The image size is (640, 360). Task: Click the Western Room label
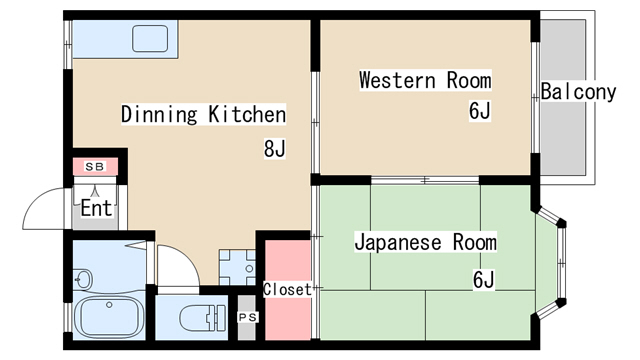pyautogui.click(x=425, y=80)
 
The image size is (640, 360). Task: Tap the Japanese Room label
pyautogui.click(x=425, y=243)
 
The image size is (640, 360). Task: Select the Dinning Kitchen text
pyautogui.click(x=203, y=114)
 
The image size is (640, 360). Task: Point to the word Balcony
pyautogui.click(x=579, y=93)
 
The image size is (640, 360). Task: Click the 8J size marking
pyautogui.click(x=274, y=150)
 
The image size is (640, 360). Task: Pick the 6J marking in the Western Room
pyautogui.click(x=479, y=111)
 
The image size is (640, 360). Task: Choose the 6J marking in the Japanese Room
pyautogui.click(x=484, y=279)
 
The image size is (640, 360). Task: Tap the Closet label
pyautogui.click(x=287, y=290)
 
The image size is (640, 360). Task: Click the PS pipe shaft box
pyautogui.click(x=247, y=318)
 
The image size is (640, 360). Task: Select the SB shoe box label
pyautogui.click(x=95, y=166)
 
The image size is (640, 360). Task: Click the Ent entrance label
pyautogui.click(x=95, y=209)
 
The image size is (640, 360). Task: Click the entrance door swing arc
pyautogui.click(x=45, y=205)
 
